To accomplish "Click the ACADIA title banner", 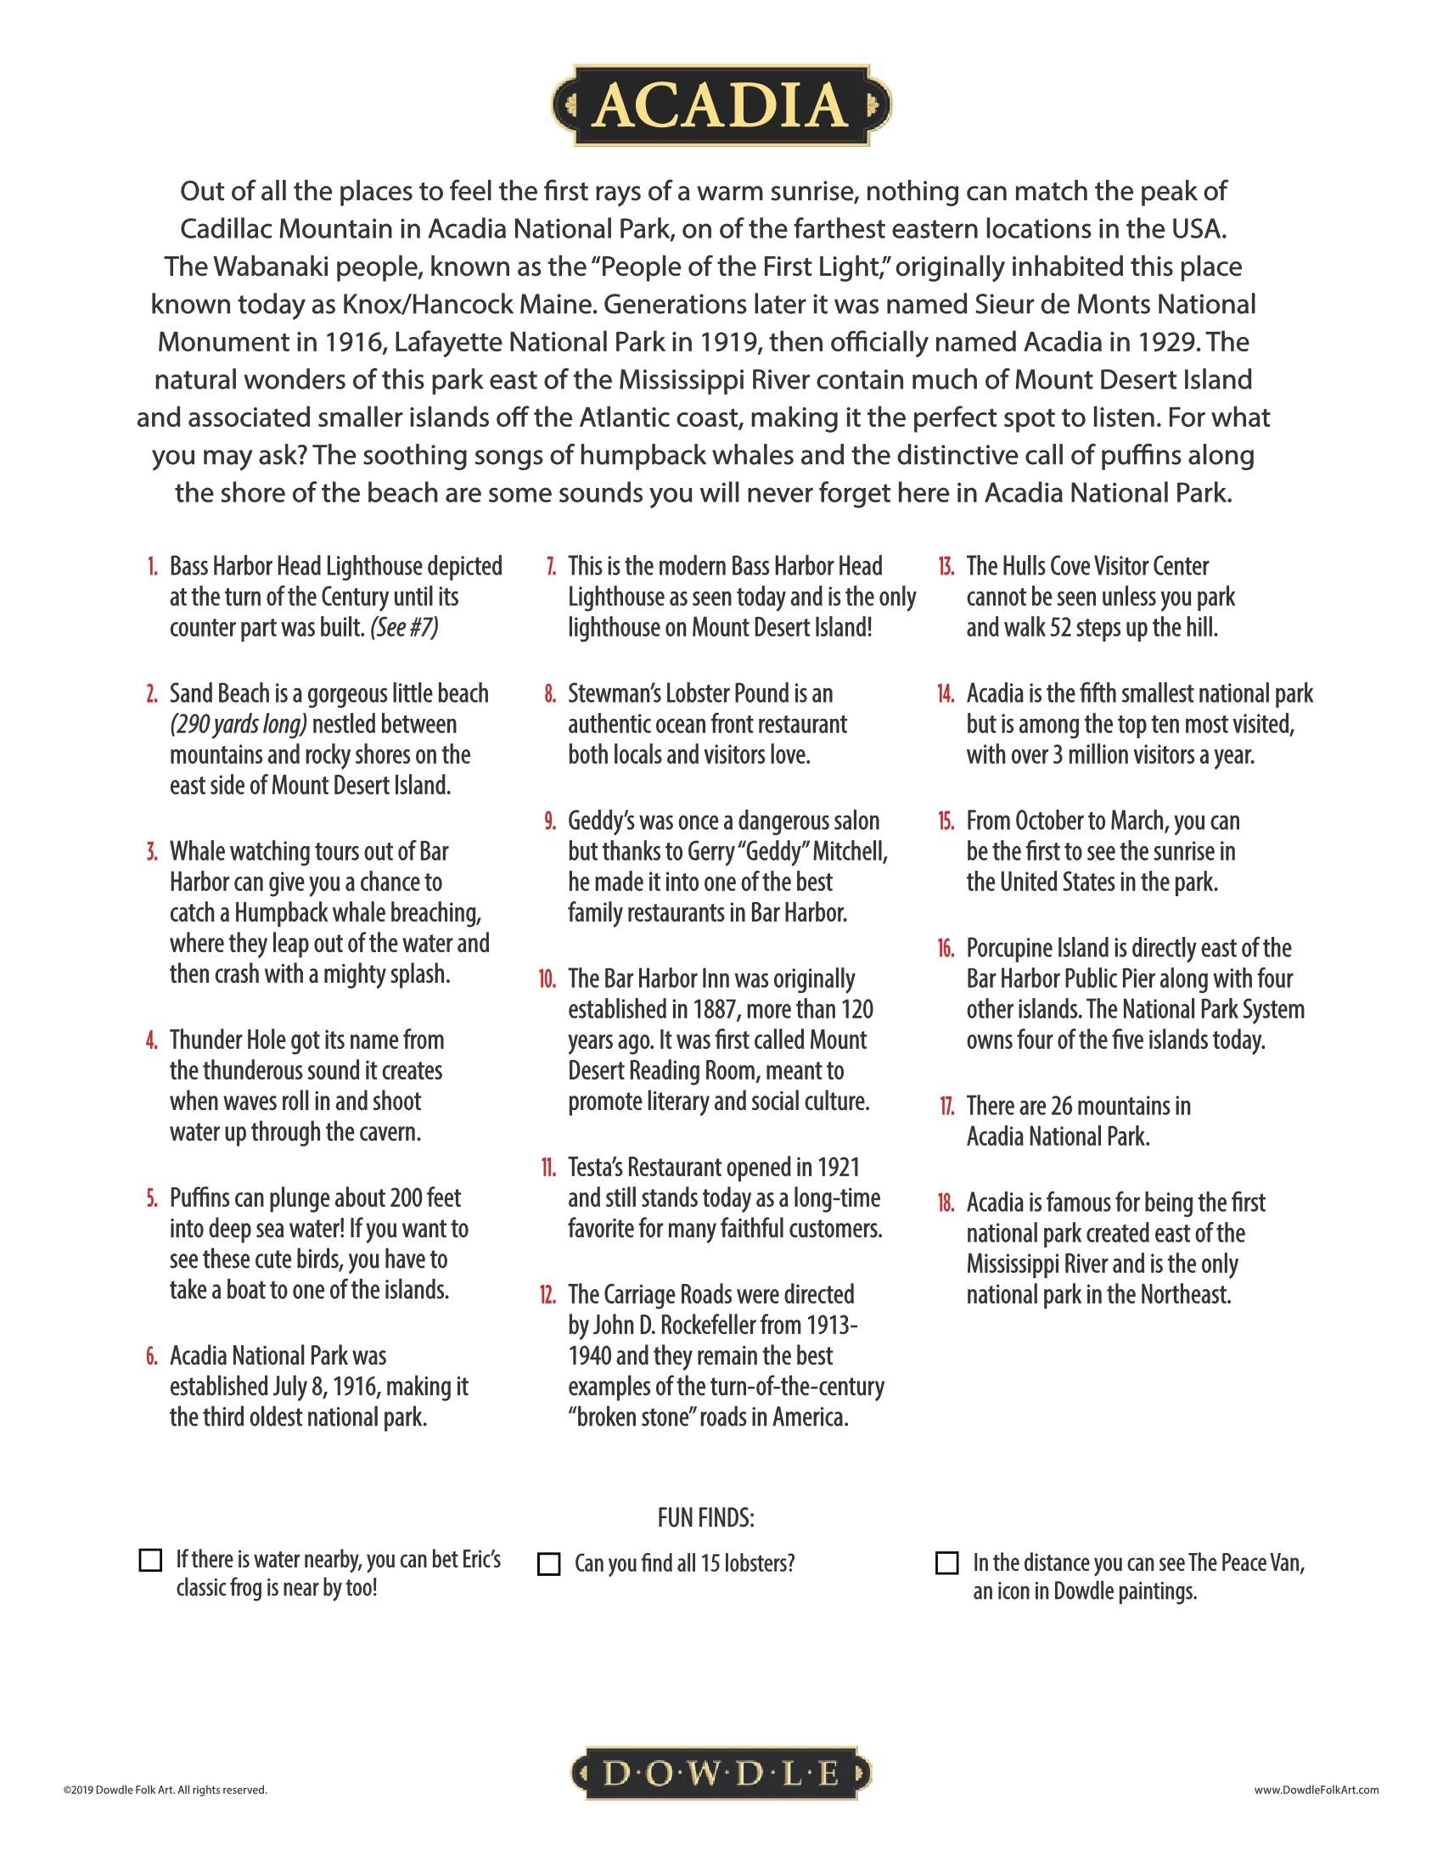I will point(721,105).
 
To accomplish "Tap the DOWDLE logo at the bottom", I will point(721,1774).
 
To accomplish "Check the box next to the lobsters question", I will point(548,1563).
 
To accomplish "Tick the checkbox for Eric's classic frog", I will point(149,1559).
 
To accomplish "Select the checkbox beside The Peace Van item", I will point(946,1562).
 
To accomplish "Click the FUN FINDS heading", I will point(705,1517).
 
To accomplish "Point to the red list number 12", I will point(547,1295).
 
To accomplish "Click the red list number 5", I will point(151,1198).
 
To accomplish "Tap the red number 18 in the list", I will point(946,1203).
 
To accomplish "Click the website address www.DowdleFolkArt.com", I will point(1317,1789).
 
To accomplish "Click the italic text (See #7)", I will point(403,627).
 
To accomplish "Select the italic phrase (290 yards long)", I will point(239,724).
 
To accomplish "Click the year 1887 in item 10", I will point(716,1010).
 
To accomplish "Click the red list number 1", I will point(152,567).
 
